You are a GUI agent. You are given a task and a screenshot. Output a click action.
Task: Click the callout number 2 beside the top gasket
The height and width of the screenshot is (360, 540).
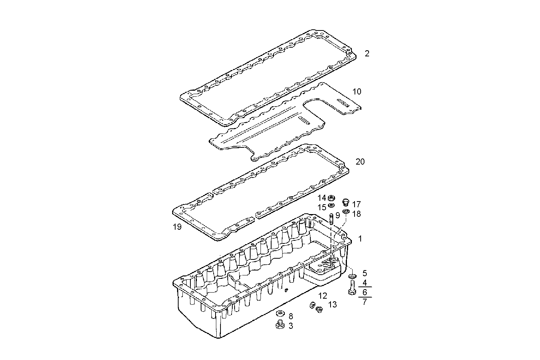(x=367, y=54)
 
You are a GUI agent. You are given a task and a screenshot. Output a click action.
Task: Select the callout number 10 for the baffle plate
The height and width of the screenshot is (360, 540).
(x=357, y=91)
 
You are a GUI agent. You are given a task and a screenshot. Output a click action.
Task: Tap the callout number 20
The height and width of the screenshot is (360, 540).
(x=360, y=162)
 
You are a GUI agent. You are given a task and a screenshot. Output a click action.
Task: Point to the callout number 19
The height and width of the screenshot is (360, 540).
(x=177, y=227)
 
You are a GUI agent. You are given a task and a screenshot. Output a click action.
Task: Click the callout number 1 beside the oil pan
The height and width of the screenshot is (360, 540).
(x=360, y=239)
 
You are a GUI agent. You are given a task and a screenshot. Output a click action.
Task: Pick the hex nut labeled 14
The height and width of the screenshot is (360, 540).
(x=331, y=198)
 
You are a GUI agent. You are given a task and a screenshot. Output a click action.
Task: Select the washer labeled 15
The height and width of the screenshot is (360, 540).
(x=331, y=206)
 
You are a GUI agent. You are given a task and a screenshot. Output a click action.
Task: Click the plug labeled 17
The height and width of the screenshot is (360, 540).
(x=346, y=202)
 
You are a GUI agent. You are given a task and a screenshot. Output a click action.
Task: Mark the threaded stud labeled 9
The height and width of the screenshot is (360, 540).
(x=331, y=219)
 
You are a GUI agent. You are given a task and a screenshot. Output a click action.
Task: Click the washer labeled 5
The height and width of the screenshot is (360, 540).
(x=353, y=275)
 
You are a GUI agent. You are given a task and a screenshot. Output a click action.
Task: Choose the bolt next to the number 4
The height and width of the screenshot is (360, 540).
(x=352, y=288)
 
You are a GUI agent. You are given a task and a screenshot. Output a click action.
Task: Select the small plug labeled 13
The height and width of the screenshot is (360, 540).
(x=319, y=310)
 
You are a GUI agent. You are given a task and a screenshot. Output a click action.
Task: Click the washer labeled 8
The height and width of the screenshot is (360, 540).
(x=280, y=314)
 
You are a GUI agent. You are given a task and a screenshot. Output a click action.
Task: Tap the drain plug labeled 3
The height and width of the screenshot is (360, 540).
(x=280, y=325)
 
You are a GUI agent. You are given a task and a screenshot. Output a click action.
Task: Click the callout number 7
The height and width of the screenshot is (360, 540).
(x=364, y=302)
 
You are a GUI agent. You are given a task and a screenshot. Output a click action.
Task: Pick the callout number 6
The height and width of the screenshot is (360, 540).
(x=364, y=292)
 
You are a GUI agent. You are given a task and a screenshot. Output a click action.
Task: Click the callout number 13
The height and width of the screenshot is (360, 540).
(x=332, y=304)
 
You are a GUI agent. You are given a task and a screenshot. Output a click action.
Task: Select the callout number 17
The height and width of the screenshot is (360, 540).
(x=356, y=205)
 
